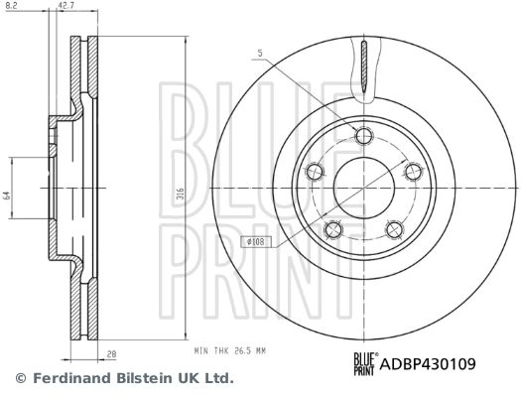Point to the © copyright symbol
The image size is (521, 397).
(x=19, y=378)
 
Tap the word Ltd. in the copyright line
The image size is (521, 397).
(x=217, y=378)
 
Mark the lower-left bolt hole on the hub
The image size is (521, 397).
(x=333, y=230)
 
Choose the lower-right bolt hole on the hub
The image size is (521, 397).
(x=394, y=231)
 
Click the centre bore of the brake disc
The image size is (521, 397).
(x=364, y=189)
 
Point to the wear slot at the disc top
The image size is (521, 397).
(x=365, y=70)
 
